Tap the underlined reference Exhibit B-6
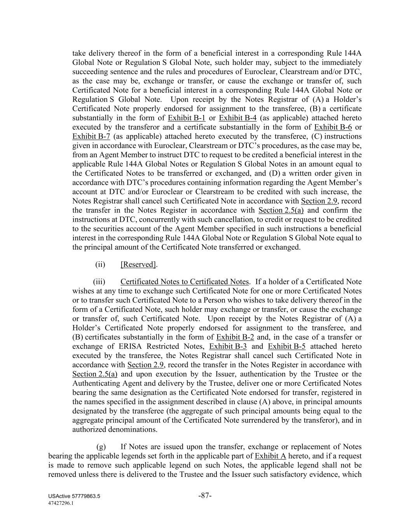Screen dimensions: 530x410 point(333,127)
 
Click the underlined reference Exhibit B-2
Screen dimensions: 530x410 point(235,337)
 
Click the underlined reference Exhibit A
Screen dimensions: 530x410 point(270,456)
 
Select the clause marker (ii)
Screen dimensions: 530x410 point(100,264)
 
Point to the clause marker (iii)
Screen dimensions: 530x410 point(99,282)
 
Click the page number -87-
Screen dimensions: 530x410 point(205,496)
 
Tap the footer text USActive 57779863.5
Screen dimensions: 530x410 point(75,497)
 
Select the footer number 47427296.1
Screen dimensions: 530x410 point(61,503)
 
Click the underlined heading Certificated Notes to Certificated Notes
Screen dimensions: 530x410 point(185,282)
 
